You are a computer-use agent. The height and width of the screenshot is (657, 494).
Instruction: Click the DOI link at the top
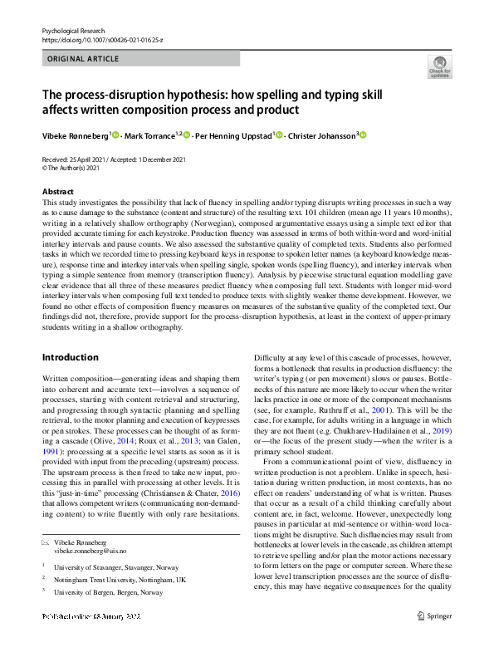coord(97,39)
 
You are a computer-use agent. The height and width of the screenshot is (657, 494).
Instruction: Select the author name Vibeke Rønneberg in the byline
coord(75,135)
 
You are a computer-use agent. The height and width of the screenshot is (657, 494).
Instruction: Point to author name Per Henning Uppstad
coord(233,135)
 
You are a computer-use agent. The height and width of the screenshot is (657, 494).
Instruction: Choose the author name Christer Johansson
coord(320,135)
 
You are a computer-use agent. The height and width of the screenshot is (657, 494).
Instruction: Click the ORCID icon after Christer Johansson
coord(363,135)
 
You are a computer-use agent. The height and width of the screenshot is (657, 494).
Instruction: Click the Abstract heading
coord(58,192)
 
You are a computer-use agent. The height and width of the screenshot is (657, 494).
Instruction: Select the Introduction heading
coord(71,357)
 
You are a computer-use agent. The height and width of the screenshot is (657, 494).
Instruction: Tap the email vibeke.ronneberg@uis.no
coord(90,550)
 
